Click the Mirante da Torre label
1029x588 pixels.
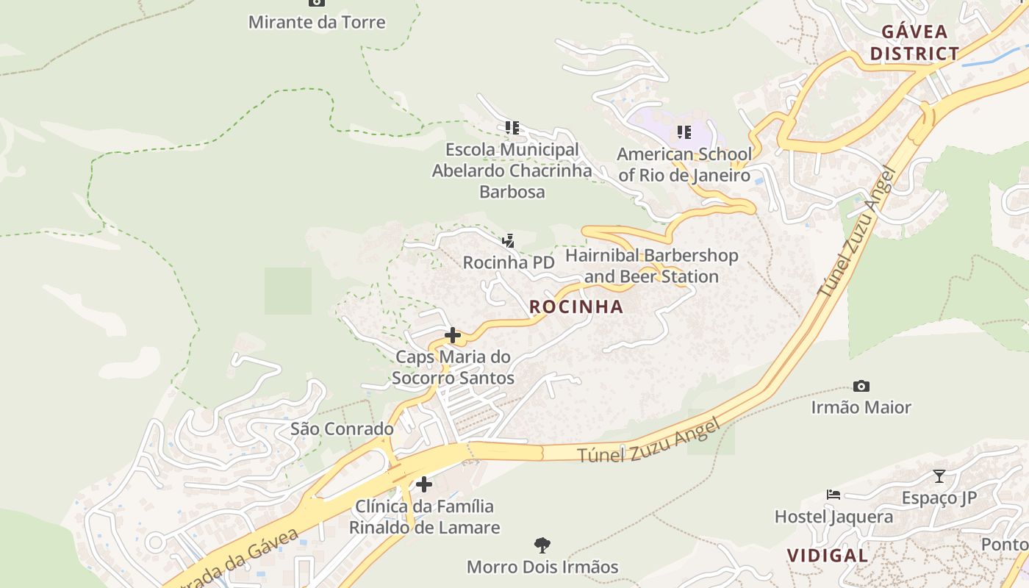317,22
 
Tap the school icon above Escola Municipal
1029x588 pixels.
512,128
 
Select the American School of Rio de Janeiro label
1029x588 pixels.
684,165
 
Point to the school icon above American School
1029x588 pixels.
684,132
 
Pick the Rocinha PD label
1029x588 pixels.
509,262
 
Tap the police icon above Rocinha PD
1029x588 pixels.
508,240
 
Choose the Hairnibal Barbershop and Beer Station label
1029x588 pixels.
651,266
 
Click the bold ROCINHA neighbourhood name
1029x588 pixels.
576,307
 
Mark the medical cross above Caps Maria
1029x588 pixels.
453,336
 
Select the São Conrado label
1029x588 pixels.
342,429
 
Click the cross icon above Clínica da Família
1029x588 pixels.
424,484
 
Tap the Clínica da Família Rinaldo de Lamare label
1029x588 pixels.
424,517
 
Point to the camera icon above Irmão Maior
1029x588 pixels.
861,386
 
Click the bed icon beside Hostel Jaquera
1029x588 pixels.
833,495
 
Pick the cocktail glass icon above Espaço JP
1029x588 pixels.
939,476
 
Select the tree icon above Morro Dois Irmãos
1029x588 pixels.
542,545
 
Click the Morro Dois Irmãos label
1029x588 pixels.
542,567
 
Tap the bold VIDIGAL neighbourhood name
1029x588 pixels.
828,556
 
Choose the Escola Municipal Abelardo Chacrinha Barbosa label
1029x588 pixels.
512,171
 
